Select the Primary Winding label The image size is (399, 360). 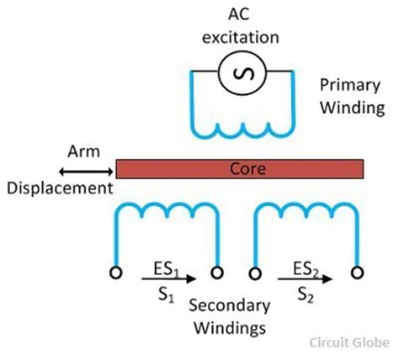click(x=350, y=97)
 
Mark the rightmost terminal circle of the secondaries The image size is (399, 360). click(x=359, y=273)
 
